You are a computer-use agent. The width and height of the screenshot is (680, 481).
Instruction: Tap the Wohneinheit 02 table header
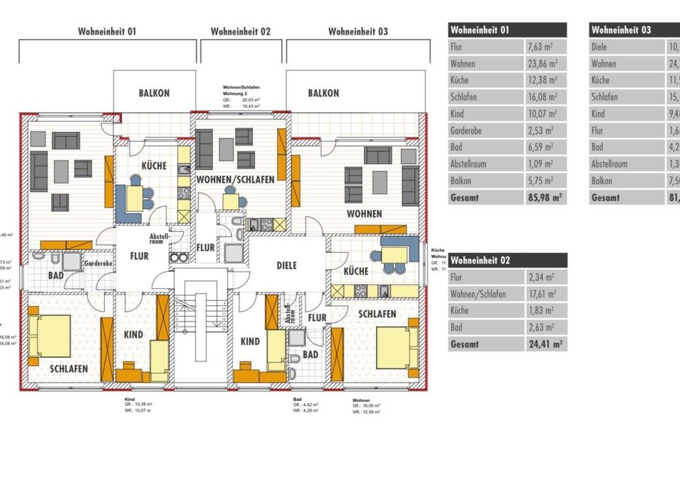[x=480, y=261]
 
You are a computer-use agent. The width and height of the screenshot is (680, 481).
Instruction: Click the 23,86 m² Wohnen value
[x=542, y=64]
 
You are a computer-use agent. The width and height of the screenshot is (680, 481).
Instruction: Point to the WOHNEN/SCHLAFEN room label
[x=236, y=180]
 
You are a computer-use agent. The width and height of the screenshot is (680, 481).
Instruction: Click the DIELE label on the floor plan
[x=286, y=266]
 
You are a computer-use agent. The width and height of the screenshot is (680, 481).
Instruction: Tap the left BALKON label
[x=154, y=93]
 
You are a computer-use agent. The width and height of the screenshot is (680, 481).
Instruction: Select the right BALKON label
[x=323, y=93]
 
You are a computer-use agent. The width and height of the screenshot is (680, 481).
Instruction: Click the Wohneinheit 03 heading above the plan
[x=358, y=31]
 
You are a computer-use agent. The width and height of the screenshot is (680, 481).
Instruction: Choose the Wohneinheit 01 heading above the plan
[x=107, y=31]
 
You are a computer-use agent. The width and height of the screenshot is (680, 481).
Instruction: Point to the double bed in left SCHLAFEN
[x=51, y=336]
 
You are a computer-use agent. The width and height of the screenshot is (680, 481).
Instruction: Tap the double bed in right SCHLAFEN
[x=396, y=347]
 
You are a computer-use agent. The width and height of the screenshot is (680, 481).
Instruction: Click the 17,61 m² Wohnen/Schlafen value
[x=542, y=294]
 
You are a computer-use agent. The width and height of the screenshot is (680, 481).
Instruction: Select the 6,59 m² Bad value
[x=540, y=147]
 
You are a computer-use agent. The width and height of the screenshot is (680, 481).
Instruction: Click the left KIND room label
[x=133, y=334]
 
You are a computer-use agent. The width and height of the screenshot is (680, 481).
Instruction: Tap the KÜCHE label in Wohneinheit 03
[x=356, y=271]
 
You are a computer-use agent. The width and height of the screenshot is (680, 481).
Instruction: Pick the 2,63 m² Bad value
[x=540, y=327]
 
